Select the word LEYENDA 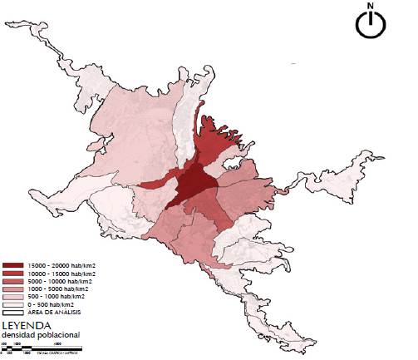(x=27, y=326)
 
